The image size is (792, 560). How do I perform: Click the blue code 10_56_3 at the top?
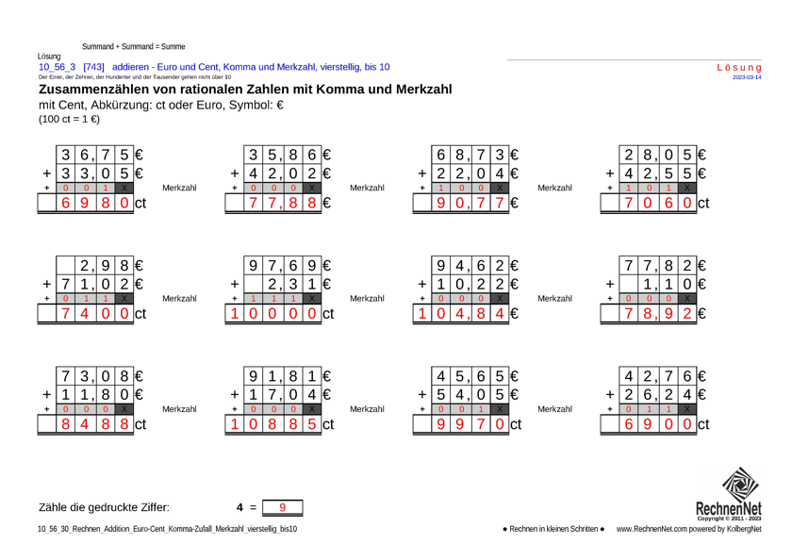(58, 67)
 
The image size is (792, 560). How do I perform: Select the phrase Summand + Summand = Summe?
(133, 46)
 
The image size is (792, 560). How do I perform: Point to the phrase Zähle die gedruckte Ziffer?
(104, 508)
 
